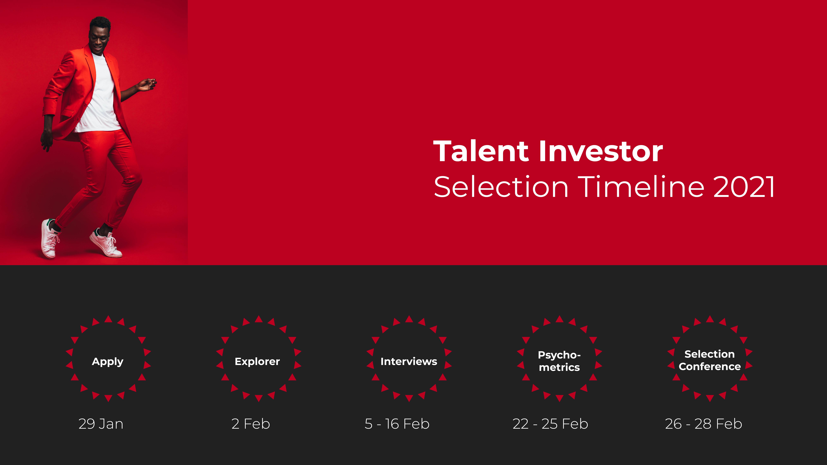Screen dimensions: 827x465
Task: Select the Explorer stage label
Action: pyautogui.click(x=257, y=362)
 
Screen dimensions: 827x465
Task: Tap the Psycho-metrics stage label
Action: pyautogui.click(x=559, y=361)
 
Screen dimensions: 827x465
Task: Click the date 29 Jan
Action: pyautogui.click(x=101, y=424)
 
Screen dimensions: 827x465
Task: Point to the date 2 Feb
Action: pyautogui.click(x=251, y=424)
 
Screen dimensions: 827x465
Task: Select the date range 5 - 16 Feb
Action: pyautogui.click(x=397, y=424)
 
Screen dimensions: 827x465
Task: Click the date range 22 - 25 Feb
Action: pyautogui.click(x=550, y=424)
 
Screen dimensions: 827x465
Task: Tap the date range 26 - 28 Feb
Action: pyautogui.click(x=703, y=424)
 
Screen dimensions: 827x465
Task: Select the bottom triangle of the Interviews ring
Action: pyautogui.click(x=409, y=398)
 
